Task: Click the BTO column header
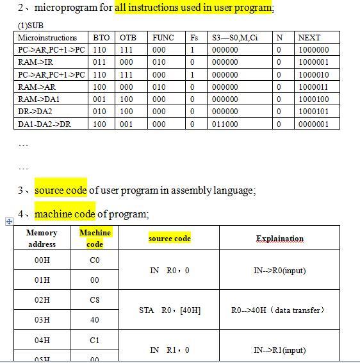(100, 37)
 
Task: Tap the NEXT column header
(309, 37)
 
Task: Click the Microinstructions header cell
(47, 37)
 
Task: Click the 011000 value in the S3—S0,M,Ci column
(225, 124)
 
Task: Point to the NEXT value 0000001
(313, 124)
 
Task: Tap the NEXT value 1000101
(313, 112)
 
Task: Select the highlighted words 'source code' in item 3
(60, 190)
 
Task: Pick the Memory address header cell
(42, 238)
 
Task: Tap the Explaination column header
(280, 239)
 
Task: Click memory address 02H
(42, 300)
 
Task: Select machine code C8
(94, 300)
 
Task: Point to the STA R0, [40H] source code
(170, 310)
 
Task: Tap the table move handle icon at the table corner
(9, 221)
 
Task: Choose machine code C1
(94, 340)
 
